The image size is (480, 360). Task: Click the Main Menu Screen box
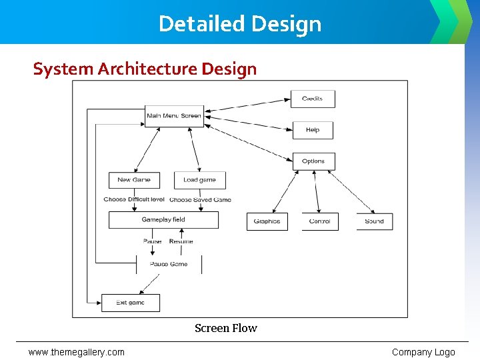coord(174,116)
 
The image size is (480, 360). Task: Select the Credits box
coord(313,99)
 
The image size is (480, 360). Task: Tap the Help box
coord(313,130)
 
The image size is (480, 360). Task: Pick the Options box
coord(313,161)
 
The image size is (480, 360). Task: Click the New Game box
coord(134,180)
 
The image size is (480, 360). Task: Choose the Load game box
coord(200,180)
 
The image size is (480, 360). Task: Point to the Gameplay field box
coord(163,220)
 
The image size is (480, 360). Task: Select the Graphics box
coord(267,221)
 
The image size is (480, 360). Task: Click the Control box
coord(320,221)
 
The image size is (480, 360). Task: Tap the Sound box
coord(374,221)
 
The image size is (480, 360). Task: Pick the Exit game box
coord(131,303)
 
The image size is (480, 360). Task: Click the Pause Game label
coord(169,264)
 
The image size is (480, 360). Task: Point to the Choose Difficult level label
coord(134,199)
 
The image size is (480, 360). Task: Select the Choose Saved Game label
coord(201,199)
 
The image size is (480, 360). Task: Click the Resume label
coord(181,241)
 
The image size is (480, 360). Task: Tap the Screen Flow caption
coord(225,328)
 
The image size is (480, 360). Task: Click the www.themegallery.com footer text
coord(76,352)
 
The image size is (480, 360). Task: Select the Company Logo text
coord(423,352)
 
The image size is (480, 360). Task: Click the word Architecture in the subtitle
coord(139,69)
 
